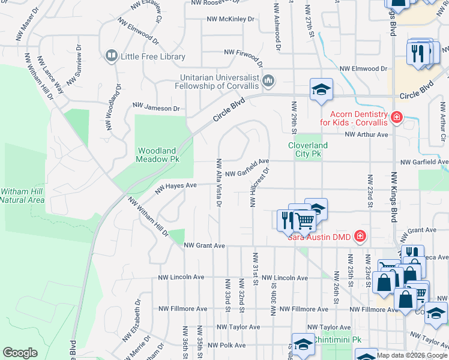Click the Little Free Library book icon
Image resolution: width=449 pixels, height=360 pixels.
pos(111,56)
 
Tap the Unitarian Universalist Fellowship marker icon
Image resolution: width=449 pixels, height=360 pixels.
pos(268,80)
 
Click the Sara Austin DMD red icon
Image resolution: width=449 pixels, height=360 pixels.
pos(360,236)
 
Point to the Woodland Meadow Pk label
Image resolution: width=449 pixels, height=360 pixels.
pos(158,155)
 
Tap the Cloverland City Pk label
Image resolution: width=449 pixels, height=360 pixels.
pos(308,149)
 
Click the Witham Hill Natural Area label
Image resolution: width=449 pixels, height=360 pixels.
pos(22,196)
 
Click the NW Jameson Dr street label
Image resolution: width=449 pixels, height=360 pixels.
pos(156,108)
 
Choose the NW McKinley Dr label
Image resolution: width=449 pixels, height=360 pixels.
pos(230,19)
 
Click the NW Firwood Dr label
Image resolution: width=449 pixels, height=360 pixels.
pos(244,56)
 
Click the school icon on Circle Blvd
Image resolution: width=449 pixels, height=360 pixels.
pos(321,90)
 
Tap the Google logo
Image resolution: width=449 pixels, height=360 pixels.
pos(20,353)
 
